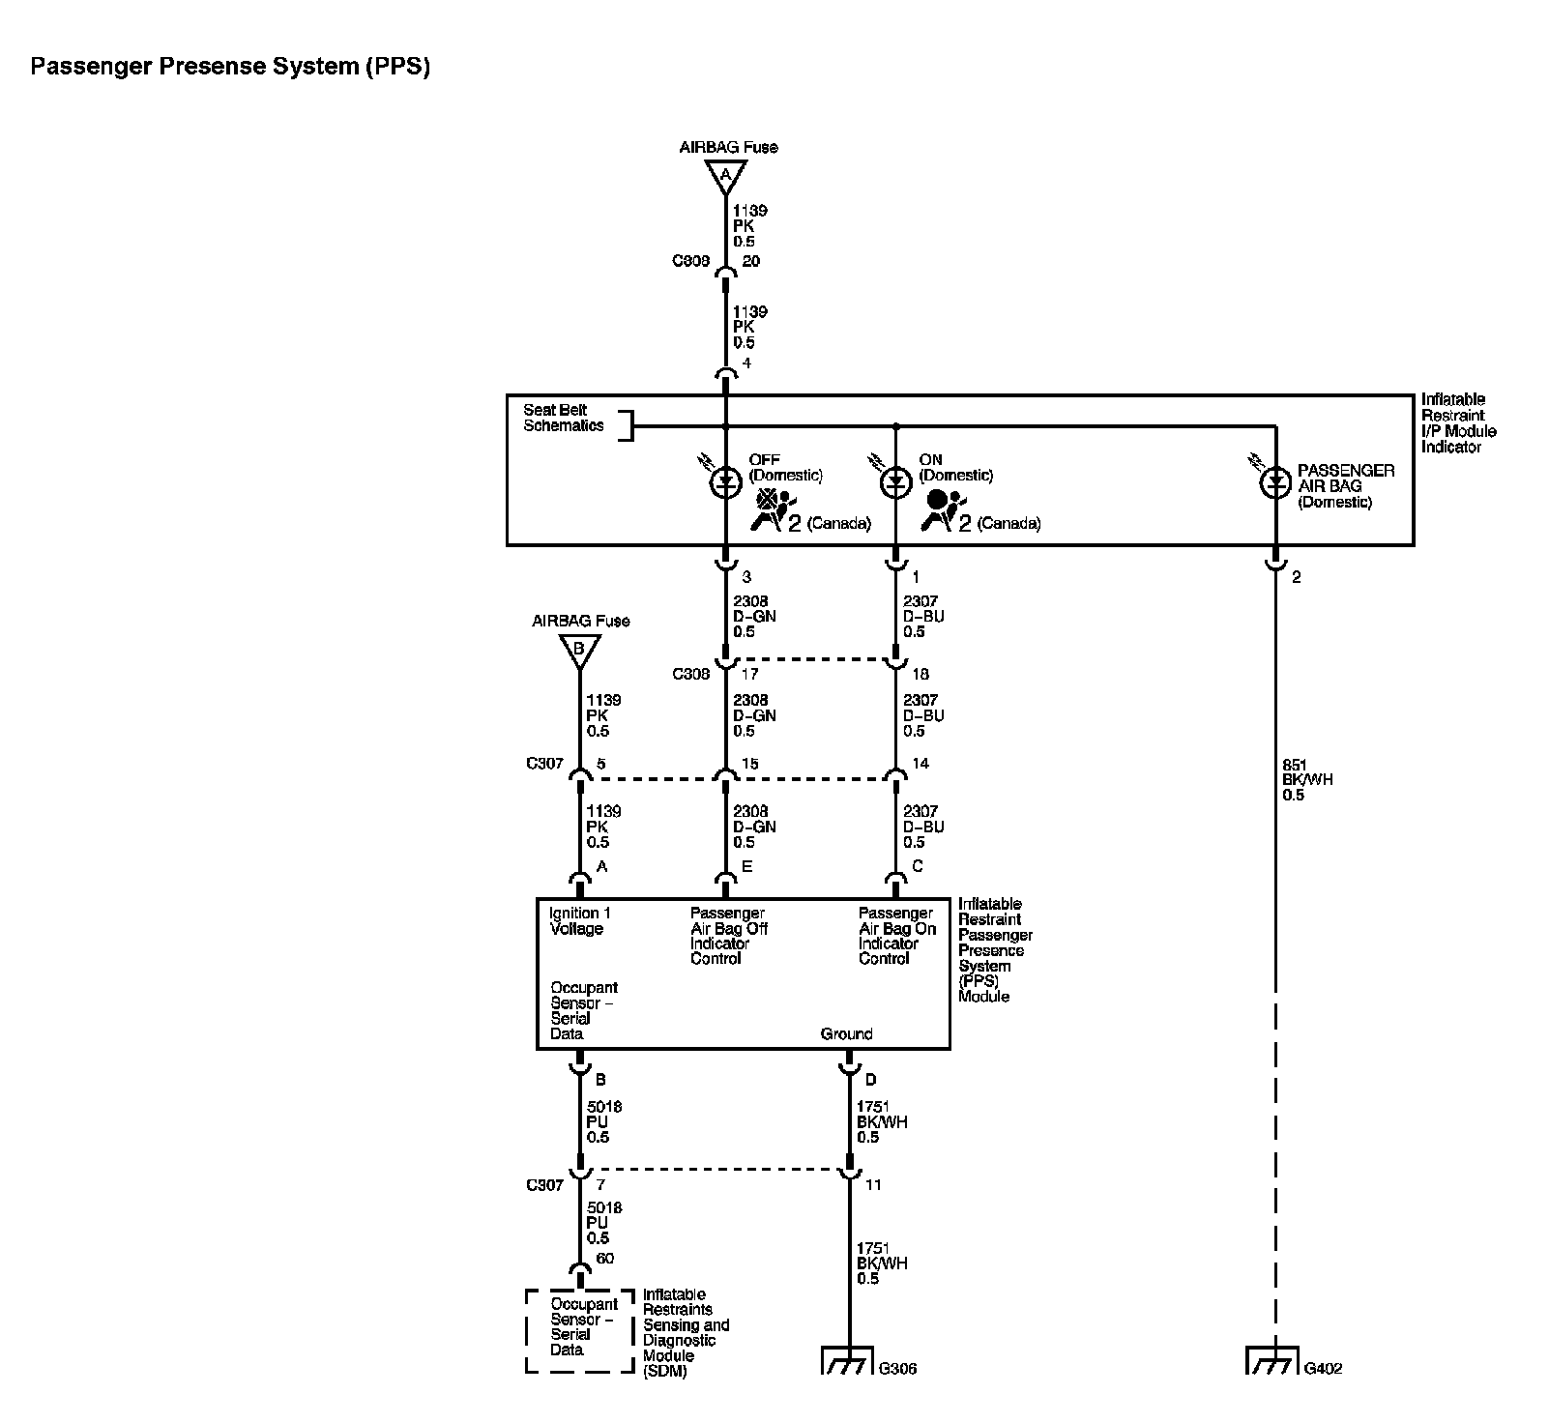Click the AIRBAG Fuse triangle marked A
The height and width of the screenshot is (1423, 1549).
click(725, 176)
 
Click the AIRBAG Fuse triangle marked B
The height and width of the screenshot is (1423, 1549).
click(579, 650)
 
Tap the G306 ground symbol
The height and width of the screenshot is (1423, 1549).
click(848, 1361)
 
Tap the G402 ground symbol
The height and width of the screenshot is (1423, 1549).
click(1273, 1361)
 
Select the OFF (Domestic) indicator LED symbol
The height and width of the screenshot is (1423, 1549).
click(725, 482)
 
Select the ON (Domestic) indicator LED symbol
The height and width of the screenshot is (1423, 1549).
click(895, 482)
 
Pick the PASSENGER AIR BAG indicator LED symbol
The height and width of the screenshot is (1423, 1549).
click(1275, 482)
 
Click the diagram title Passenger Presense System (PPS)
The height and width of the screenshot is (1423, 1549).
click(230, 67)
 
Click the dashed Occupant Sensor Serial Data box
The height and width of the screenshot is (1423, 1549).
click(579, 1329)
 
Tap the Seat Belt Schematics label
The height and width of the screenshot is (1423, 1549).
click(563, 418)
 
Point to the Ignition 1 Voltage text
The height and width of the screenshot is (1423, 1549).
click(580, 920)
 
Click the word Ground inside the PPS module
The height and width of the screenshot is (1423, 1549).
click(846, 1034)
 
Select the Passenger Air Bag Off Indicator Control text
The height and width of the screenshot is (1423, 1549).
click(727, 936)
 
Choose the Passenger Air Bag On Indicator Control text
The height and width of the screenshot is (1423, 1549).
click(897, 936)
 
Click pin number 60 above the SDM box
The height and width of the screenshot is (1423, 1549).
click(604, 1258)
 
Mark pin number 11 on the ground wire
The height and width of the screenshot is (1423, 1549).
click(873, 1185)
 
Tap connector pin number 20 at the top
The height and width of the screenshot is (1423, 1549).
click(750, 261)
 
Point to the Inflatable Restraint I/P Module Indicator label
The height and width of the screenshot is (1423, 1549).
click(1458, 423)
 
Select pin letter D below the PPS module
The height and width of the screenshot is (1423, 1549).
click(870, 1080)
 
